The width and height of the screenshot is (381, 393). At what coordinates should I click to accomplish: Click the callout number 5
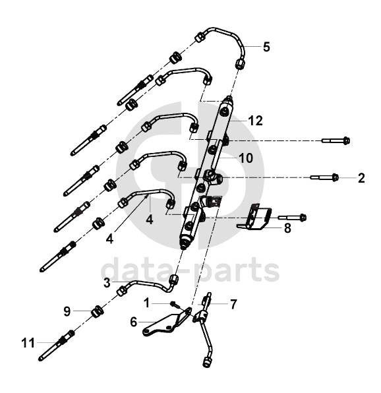point(266,47)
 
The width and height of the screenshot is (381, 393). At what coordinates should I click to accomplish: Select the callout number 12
point(256,121)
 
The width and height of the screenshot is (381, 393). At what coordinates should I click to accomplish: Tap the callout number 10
point(246,158)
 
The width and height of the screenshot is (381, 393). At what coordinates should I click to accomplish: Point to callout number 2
point(361,178)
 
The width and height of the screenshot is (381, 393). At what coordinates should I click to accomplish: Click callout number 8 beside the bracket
point(287,228)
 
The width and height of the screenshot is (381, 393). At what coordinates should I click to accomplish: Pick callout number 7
point(233,304)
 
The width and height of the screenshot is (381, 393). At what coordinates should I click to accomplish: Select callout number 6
point(134,322)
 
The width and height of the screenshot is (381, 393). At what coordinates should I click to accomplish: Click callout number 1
point(147,303)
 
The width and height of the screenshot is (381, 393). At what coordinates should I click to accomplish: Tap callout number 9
point(67,311)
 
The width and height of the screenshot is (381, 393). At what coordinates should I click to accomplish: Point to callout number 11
point(28,343)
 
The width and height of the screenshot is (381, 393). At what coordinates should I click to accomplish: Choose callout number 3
point(107,283)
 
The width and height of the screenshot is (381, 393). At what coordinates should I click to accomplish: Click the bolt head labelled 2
point(335,177)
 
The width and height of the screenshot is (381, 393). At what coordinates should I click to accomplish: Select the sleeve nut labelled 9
point(97,311)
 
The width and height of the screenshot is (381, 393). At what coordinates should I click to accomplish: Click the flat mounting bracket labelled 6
point(167,322)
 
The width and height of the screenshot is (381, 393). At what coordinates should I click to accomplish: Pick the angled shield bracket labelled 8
point(258,218)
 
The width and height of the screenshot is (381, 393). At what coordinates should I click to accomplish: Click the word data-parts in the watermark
point(190,270)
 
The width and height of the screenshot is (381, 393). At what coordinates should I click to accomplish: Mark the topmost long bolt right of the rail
point(336,140)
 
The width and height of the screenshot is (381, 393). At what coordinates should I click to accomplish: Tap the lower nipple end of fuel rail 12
point(185,243)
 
